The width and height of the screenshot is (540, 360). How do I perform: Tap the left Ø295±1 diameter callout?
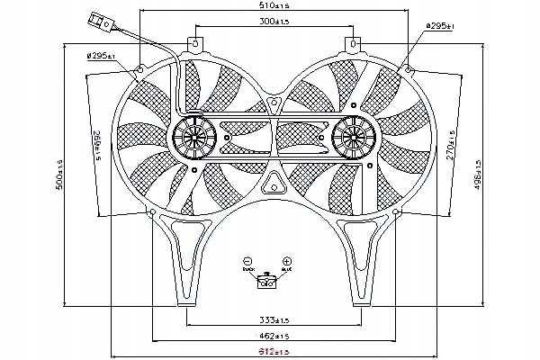tap(101, 56)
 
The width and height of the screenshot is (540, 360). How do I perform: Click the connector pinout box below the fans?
tap(267, 283)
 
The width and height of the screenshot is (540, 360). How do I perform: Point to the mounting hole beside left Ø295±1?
tap(142, 67)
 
